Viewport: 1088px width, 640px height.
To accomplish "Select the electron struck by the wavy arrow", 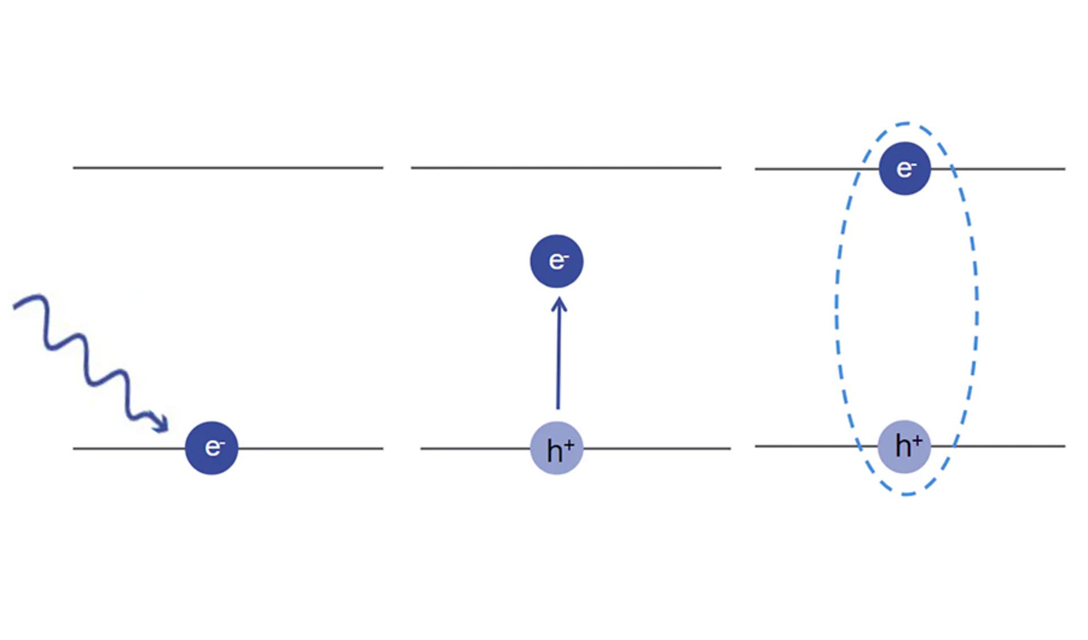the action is [x=211, y=448].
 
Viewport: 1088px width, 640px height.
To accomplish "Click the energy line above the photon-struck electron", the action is [x=228, y=168].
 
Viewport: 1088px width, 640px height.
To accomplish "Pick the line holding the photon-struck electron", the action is [x=228, y=448].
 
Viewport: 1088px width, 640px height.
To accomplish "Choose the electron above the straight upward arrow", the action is [x=556, y=261].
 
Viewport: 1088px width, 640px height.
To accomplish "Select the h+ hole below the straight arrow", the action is [x=556, y=448].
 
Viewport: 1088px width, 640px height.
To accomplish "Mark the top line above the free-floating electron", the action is [x=566, y=168].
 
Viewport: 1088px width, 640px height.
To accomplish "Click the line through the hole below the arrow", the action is [x=575, y=448].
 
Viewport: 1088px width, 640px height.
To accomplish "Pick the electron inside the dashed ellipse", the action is [x=905, y=168].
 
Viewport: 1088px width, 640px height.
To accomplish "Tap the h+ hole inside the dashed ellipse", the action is [x=904, y=446].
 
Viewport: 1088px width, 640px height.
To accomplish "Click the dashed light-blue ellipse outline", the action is [x=836, y=309].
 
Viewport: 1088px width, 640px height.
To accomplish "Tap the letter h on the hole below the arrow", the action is [x=554, y=451].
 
